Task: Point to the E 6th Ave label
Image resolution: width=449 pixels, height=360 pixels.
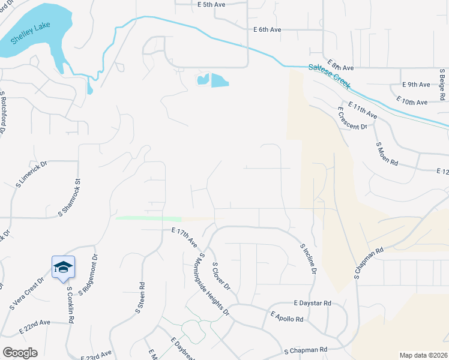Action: pyautogui.click(x=267, y=29)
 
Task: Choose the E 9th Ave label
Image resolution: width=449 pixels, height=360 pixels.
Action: pyautogui.click(x=417, y=85)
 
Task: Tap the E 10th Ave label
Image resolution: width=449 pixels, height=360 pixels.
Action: pyautogui.click(x=412, y=102)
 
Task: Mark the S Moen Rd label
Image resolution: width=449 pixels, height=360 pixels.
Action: pyautogui.click(x=387, y=154)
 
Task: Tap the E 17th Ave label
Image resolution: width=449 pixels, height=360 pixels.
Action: pyautogui.click(x=184, y=238)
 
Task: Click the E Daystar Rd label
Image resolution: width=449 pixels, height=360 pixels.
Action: pyautogui.click(x=313, y=304)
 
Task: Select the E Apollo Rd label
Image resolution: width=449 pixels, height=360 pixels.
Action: pyautogui.click(x=287, y=316)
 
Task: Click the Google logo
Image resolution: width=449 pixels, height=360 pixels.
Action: pyautogui.click(x=20, y=353)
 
